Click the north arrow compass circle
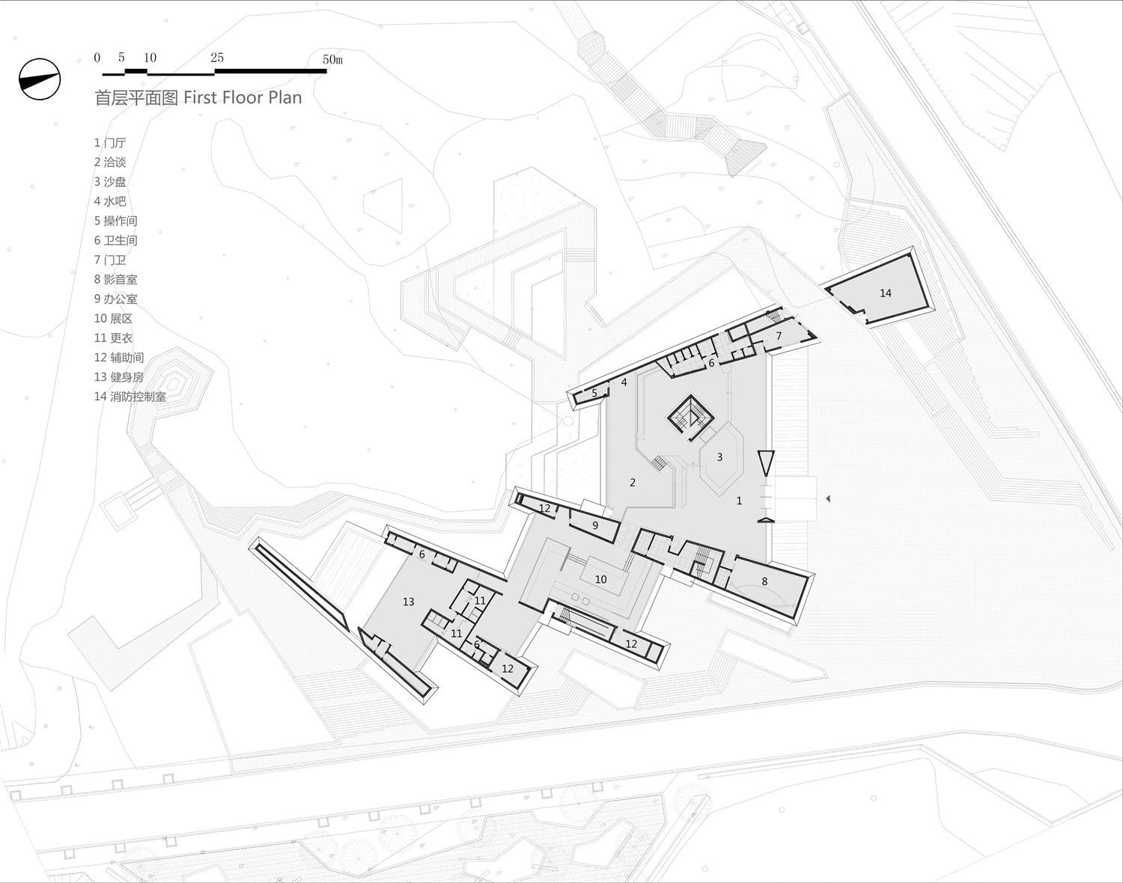point(40,79)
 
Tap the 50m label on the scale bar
point(332,59)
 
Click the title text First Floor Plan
point(243,97)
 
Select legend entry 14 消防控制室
point(130,397)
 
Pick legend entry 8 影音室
point(116,279)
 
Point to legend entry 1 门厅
point(110,142)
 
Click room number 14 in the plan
point(886,293)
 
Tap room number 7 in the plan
point(779,336)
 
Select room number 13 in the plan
point(408,602)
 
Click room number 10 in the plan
point(600,579)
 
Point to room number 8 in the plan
point(764,581)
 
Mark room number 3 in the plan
point(719,457)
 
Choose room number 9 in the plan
point(595,526)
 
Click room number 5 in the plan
point(594,394)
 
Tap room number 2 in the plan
point(633,483)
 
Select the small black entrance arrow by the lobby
point(827,499)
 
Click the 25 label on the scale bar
point(217,58)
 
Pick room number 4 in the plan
point(624,382)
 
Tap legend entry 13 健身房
point(119,377)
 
